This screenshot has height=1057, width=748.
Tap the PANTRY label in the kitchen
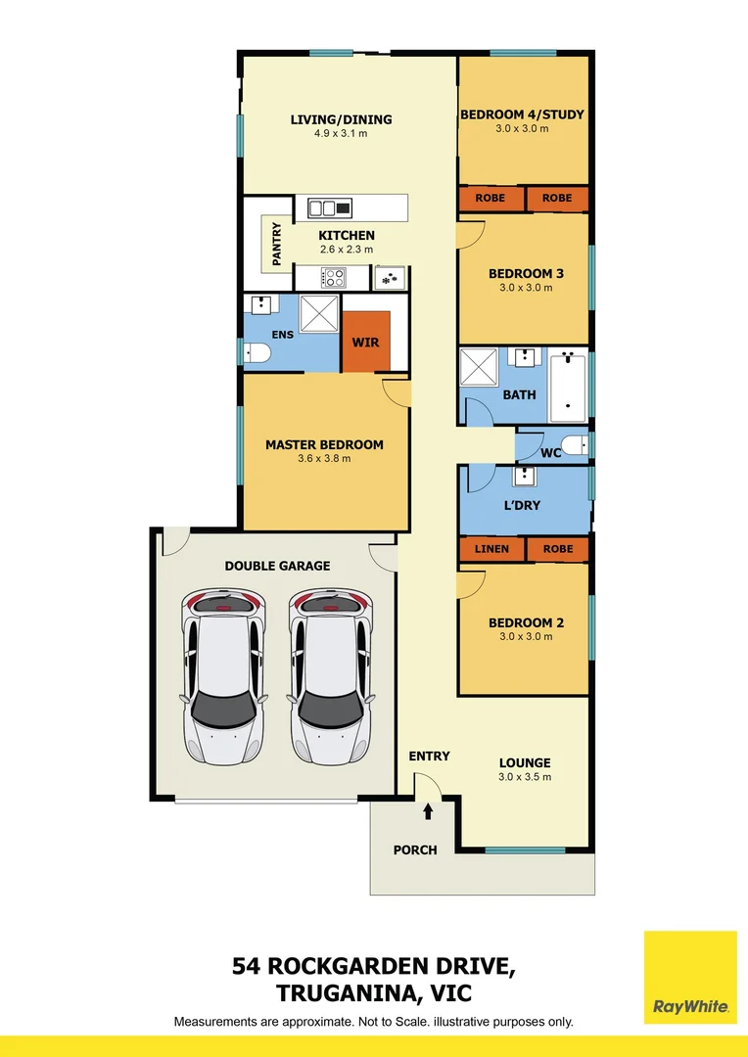point(276,244)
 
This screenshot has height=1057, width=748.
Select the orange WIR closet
point(366,343)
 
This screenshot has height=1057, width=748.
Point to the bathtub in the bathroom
point(568,385)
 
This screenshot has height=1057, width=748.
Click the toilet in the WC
point(577,446)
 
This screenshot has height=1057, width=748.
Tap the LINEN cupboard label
point(491,549)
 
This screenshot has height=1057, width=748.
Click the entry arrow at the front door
point(428,809)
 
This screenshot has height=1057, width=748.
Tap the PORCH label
point(415,850)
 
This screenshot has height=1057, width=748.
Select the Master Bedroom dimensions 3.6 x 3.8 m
point(324,458)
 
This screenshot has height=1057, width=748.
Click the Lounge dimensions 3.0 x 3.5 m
point(525,777)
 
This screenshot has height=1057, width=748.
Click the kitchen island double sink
point(330,207)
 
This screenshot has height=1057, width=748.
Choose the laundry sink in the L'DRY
point(526,477)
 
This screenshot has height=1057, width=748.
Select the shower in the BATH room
point(480,368)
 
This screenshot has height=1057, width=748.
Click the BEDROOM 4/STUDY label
point(522,115)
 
